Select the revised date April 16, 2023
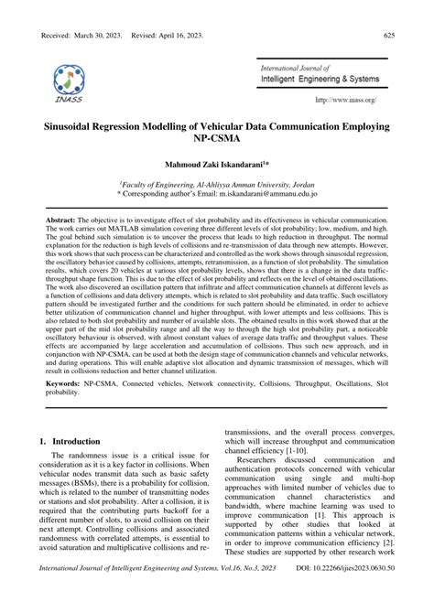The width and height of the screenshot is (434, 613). click(199, 34)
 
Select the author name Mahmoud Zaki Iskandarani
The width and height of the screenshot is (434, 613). click(215, 166)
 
